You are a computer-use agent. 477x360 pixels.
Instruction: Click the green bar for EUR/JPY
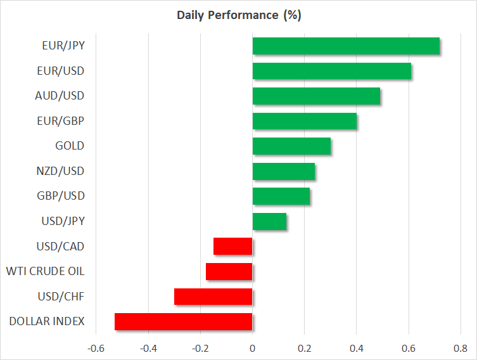346,46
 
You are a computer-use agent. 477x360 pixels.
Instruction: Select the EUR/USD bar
332,71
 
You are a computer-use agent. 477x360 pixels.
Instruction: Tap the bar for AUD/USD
316,96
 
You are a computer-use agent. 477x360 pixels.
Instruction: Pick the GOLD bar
291,146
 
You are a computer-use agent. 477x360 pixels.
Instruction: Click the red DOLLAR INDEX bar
184,321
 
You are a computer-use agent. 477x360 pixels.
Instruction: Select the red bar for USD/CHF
213,297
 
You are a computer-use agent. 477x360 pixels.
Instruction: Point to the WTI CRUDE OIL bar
229,272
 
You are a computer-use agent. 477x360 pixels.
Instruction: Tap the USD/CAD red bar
233,246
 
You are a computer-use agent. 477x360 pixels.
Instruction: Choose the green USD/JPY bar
269,221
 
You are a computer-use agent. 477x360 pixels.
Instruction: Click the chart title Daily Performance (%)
238,15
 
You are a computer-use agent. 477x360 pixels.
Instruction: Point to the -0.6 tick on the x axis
96,349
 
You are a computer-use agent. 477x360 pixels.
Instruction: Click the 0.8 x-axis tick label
461,349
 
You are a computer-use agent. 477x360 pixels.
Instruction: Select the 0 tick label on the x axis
252,349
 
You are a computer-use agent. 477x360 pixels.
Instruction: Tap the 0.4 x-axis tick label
356,349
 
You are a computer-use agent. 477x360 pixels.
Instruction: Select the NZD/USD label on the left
61,171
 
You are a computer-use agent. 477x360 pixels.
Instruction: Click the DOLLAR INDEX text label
47,321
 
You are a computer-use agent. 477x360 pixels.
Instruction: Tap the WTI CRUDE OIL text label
45,271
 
